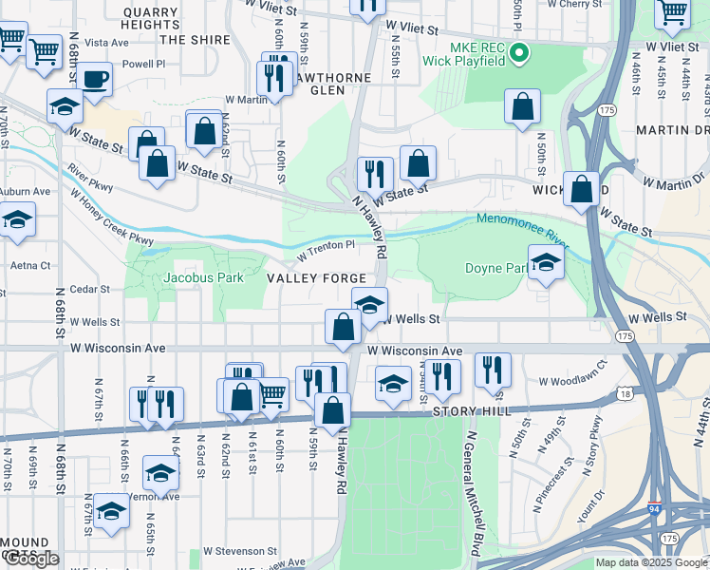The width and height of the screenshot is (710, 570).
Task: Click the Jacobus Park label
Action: coord(203,277)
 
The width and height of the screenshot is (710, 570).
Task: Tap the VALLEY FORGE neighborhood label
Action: coord(316,278)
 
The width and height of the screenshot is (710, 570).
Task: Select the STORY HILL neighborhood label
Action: coord(472,411)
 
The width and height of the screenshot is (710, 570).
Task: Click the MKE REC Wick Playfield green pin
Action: coord(517,53)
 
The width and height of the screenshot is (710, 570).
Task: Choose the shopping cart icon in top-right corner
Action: coord(673,13)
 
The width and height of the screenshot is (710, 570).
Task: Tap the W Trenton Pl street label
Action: coord(326,250)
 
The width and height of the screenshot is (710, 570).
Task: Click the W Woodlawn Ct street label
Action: coord(572,382)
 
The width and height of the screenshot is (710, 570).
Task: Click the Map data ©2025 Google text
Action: coord(651,562)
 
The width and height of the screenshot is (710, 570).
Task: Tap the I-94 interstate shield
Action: coord(656,510)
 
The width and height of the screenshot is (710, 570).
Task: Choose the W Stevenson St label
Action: coord(240,551)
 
